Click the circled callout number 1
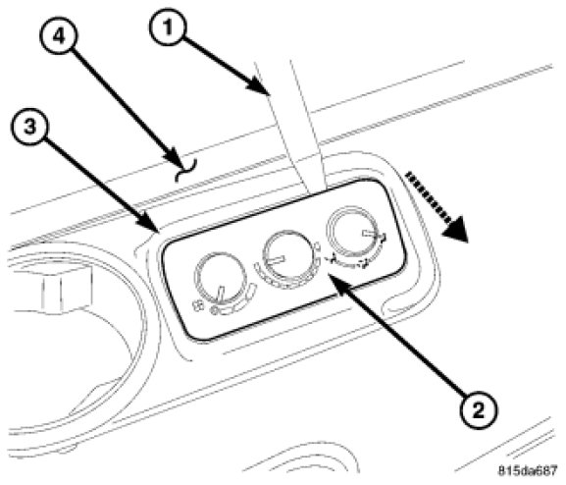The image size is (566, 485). point(168,27)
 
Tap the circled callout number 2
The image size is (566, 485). point(478,411)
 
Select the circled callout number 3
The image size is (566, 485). point(30,128)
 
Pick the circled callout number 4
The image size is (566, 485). point(59,36)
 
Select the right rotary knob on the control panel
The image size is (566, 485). point(351,230)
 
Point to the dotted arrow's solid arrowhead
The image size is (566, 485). point(455,229)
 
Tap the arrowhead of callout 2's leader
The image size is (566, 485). point(337,283)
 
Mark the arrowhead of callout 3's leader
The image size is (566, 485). point(151,224)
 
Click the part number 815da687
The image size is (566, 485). point(528,471)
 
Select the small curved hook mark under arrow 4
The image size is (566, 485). point(186,170)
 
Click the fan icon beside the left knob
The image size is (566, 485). point(197,306)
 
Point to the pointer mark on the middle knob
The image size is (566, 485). point(278,260)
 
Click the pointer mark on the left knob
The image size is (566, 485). point(221,294)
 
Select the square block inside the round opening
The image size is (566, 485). point(65,288)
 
